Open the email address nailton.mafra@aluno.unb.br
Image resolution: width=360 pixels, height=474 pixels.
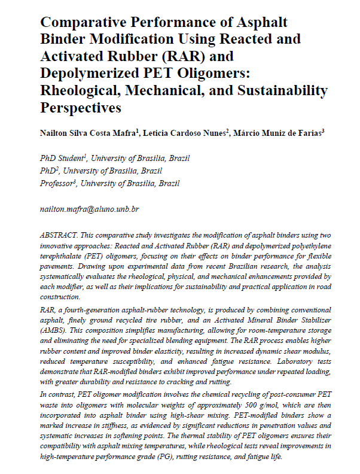coord(89,209)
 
